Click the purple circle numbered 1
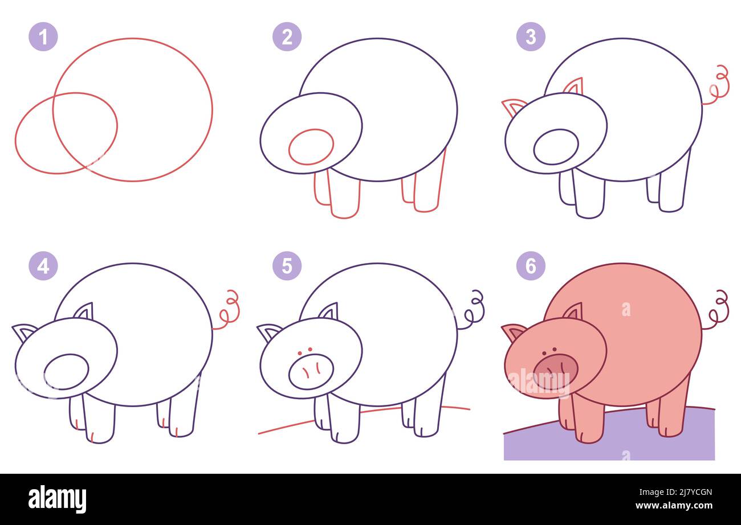pyautogui.click(x=43, y=37)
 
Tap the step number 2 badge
pyautogui.click(x=287, y=37)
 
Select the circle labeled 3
pyautogui.click(x=531, y=37)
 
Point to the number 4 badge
pyautogui.click(x=43, y=266)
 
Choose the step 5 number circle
pyautogui.click(x=287, y=266)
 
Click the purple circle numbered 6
pyautogui.click(x=531, y=266)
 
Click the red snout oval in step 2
pyautogui.click(x=311, y=147)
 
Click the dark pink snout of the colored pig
pyautogui.click(x=555, y=371)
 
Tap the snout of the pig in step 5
pyautogui.click(x=311, y=371)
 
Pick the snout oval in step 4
pyautogui.click(x=66, y=371)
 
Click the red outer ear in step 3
pyautogui.click(x=512, y=106)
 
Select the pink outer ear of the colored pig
pyautogui.click(x=512, y=331)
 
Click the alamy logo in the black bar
pyautogui.click(x=57, y=499)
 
